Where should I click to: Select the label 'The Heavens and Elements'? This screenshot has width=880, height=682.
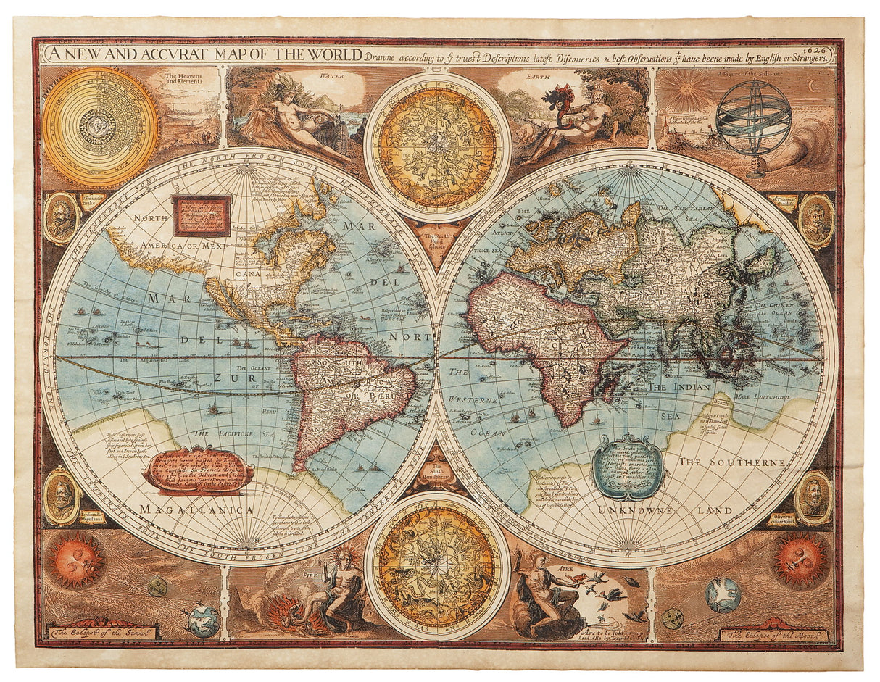[x=183, y=78]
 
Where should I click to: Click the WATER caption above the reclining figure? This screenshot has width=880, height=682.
[x=332, y=74]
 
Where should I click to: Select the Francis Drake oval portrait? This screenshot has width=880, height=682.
[x=61, y=218]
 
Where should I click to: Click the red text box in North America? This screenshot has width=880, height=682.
[x=202, y=216]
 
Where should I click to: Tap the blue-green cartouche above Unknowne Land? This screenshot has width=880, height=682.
[x=628, y=467]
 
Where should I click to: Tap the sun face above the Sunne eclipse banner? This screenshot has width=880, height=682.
[x=75, y=560]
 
